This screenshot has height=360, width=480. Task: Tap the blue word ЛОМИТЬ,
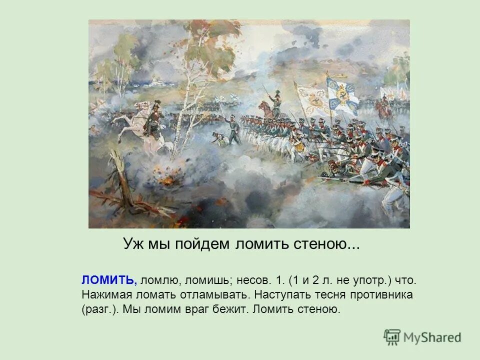108,280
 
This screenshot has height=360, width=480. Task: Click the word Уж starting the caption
131,244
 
